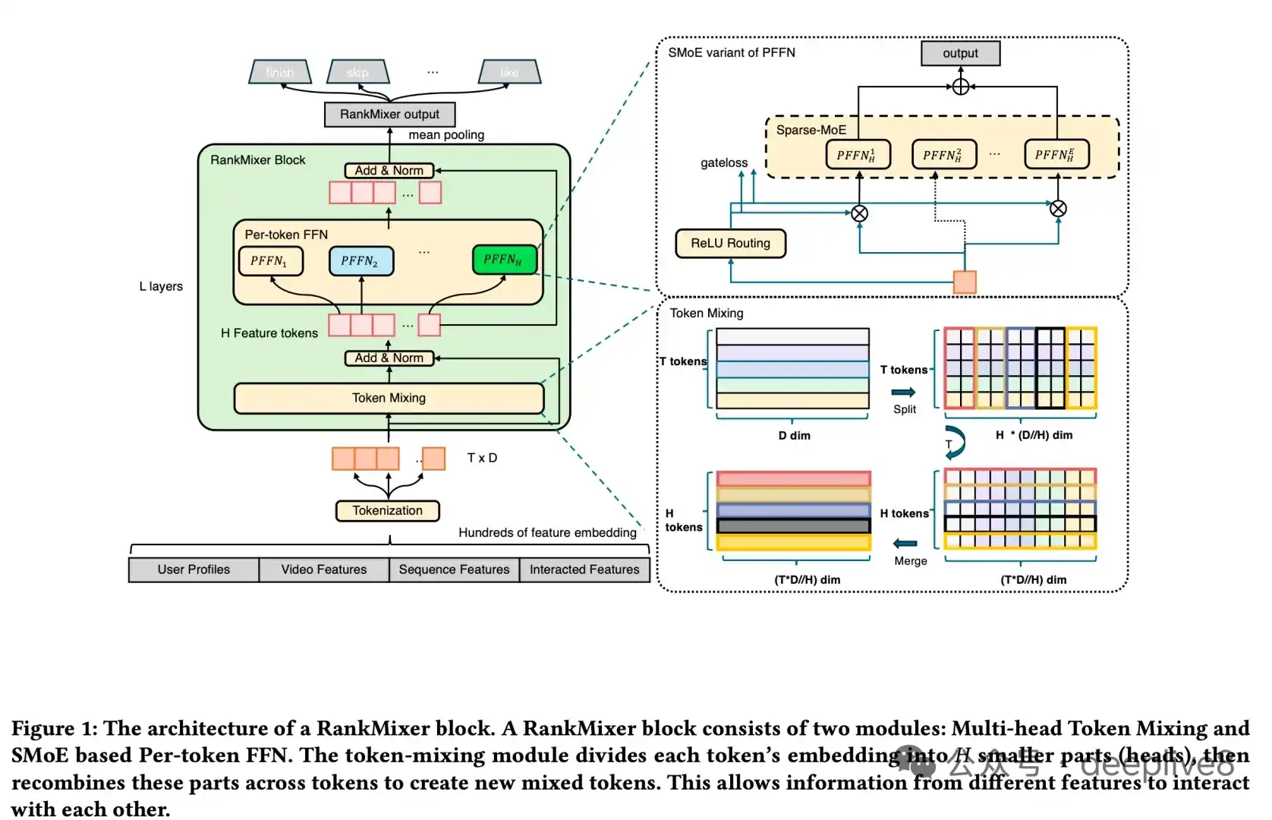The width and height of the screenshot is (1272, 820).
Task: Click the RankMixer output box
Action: coord(389,114)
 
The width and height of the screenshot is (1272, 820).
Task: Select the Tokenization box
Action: coord(387,510)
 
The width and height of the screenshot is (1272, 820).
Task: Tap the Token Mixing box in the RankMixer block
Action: coord(389,398)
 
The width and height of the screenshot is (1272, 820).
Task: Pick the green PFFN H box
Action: coord(504,260)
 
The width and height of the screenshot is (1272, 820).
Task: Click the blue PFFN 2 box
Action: coord(361,260)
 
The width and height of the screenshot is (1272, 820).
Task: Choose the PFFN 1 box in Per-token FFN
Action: coord(270,260)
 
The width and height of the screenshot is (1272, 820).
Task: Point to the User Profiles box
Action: coord(194,569)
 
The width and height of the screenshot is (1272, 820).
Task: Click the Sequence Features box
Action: coord(454,569)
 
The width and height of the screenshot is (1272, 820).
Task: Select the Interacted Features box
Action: coord(584,569)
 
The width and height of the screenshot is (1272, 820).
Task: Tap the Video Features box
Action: coord(324,569)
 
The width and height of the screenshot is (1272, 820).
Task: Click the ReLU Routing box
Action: coord(730,243)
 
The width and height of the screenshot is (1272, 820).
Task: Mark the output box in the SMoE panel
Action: coord(960,53)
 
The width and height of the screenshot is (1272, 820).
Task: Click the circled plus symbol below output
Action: coord(961,87)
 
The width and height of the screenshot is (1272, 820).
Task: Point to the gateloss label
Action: coord(724,162)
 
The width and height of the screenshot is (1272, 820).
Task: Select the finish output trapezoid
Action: coord(280,72)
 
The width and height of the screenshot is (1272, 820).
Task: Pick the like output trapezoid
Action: coord(509,72)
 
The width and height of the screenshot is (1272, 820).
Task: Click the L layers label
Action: coord(161,286)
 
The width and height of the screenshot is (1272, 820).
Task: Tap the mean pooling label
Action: coord(446,135)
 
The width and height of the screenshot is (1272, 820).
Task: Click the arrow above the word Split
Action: coord(903,392)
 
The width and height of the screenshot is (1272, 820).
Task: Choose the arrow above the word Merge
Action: coord(905,543)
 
